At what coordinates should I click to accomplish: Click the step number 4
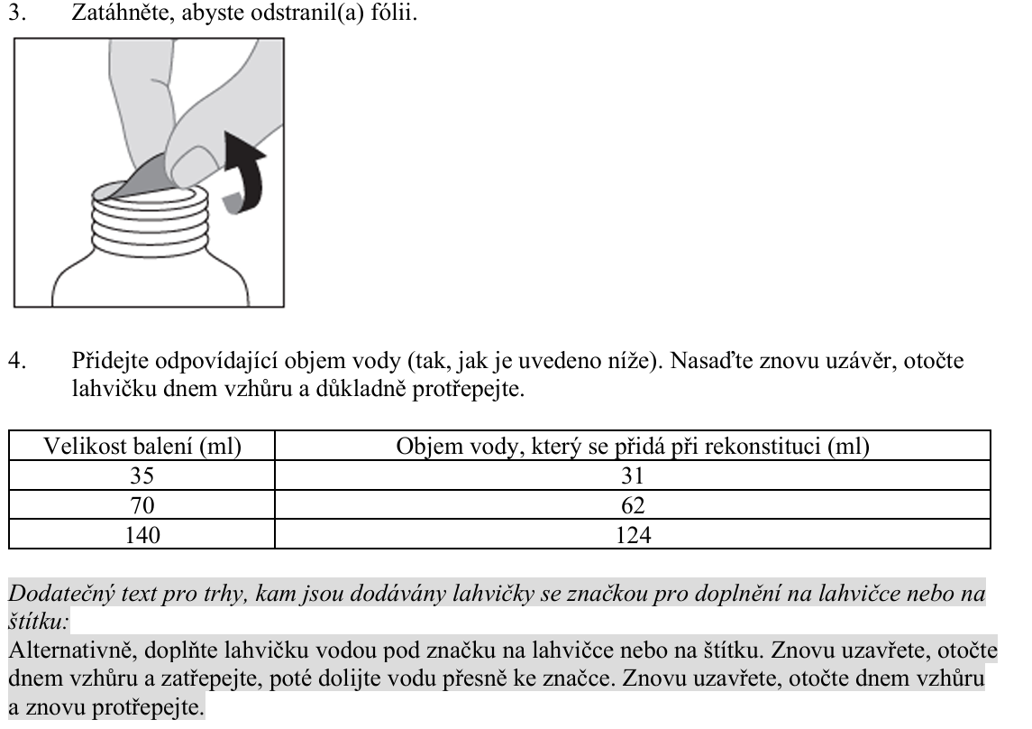point(14,363)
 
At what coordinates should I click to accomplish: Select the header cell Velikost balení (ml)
point(142,447)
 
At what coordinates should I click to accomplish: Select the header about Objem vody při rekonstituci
point(632,447)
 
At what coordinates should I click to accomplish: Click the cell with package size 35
point(142,476)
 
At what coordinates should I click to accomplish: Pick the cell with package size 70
point(142,506)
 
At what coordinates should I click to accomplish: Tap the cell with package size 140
point(142,536)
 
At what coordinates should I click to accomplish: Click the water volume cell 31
point(632,476)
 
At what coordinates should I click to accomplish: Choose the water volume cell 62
point(632,506)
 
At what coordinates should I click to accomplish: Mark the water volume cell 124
point(632,536)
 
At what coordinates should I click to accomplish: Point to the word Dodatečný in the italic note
point(53,595)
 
